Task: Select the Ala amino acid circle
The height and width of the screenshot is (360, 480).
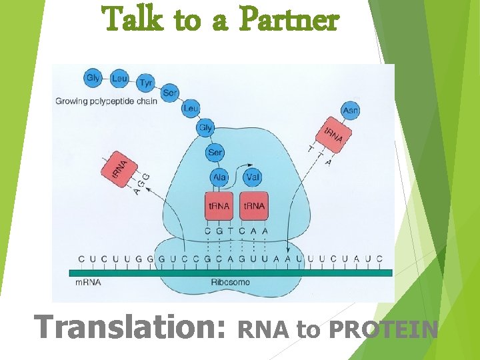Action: click(x=219, y=177)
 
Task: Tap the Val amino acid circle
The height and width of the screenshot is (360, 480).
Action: click(x=253, y=177)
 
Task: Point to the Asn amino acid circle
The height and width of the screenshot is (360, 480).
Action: click(x=350, y=110)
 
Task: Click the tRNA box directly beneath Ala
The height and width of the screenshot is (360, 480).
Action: click(x=219, y=206)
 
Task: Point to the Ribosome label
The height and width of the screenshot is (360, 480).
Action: click(x=231, y=283)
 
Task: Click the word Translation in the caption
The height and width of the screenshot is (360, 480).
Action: click(x=130, y=328)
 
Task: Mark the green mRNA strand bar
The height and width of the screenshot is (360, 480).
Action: click(x=231, y=272)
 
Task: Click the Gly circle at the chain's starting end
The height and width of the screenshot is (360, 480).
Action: click(x=93, y=78)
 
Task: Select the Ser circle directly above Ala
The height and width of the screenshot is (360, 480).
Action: click(x=215, y=153)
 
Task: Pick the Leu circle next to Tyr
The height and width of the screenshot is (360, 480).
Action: click(x=120, y=79)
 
